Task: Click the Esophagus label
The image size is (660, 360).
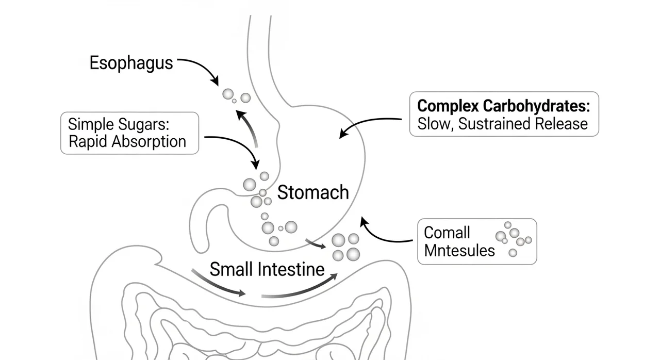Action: (131, 63)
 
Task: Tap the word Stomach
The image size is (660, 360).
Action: (313, 193)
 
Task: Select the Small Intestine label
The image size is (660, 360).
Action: (267, 269)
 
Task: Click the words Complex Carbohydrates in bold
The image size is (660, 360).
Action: (503, 106)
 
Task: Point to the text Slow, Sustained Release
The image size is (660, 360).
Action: (503, 124)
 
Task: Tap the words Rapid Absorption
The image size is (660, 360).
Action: (127, 141)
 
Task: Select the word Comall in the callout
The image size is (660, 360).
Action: (447, 233)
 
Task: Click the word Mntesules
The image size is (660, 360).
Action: (459, 251)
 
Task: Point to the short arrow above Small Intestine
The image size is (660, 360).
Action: (316, 243)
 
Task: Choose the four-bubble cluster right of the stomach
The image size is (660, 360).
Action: (345, 247)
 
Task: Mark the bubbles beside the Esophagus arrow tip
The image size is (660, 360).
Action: (236, 96)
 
